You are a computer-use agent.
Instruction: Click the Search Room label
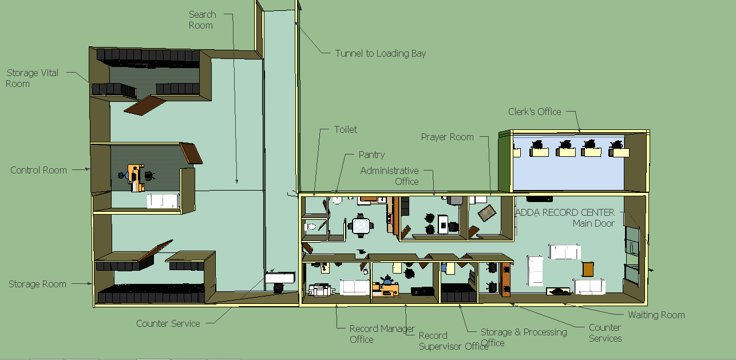coord(202,19)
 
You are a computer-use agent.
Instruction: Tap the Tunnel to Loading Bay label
coord(380,53)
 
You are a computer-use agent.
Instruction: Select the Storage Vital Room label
coord(32,78)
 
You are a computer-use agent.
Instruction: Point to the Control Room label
coord(38,170)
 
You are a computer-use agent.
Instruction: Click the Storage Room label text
coord(37,284)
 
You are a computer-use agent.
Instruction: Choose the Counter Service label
coord(168,323)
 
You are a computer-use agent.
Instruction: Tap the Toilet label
coord(345,129)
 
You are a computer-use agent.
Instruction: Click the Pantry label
coord(371,155)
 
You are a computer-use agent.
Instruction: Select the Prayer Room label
coord(447,137)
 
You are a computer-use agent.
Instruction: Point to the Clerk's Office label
coord(535,112)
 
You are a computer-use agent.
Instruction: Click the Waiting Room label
coord(656,315)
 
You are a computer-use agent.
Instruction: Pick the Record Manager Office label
coord(382,334)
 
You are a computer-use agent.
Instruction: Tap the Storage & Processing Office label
coord(524,337)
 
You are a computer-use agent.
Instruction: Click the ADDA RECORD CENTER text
coord(565,212)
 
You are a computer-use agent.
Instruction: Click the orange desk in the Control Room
coord(136,177)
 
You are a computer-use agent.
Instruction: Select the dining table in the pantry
coord(361,226)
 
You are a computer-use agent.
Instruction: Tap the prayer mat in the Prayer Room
coord(487,213)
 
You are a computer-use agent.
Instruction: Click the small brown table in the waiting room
coord(588,269)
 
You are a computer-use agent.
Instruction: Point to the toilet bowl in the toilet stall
coord(310,226)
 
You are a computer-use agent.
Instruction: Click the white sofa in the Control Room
coord(163,201)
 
